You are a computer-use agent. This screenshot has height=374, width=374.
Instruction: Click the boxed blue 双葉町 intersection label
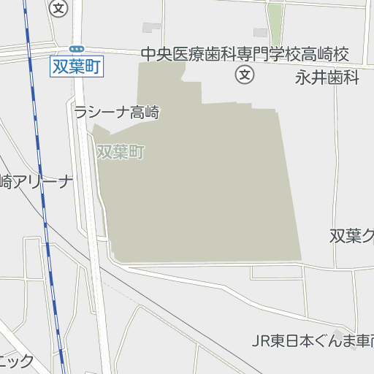(77, 66)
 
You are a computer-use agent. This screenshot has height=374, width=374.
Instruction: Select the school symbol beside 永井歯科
(245, 74)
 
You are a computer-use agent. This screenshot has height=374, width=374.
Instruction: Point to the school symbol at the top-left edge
(59, 8)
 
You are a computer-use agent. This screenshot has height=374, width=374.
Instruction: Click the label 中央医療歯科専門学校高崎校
(245, 54)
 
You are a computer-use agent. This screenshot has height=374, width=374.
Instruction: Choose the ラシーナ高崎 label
(116, 112)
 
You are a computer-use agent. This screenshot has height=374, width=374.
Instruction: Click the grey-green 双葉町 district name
(121, 152)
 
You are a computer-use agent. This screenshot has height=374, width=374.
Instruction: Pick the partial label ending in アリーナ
(37, 182)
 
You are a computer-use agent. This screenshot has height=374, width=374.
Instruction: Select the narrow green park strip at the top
(275, 24)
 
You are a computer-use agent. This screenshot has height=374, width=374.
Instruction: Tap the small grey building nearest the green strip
(260, 32)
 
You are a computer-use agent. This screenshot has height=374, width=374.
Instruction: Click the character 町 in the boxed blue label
(93, 66)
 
